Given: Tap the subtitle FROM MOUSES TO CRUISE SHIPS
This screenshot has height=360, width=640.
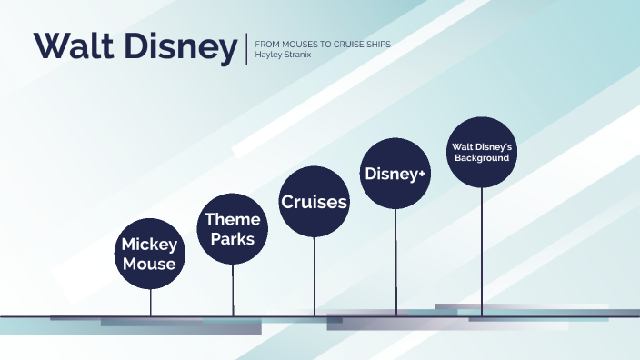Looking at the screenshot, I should pyautogui.click(x=323, y=44).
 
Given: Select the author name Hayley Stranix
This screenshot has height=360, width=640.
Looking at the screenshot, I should pyautogui.click(x=285, y=55).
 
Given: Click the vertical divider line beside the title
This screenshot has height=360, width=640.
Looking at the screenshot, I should pyautogui.click(x=246, y=49).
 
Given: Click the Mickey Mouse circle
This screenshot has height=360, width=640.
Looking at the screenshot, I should pyautogui.click(x=150, y=254).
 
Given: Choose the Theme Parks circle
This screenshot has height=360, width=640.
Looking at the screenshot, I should pyautogui.click(x=232, y=229).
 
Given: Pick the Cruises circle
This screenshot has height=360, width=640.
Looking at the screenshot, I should pyautogui.click(x=314, y=202).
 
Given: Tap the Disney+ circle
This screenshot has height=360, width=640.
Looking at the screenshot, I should pyautogui.click(x=395, y=173).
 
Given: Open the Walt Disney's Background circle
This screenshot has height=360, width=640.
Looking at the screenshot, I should pyautogui.click(x=481, y=153).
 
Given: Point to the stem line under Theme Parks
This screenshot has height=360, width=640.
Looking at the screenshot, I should pyautogui.click(x=233, y=290).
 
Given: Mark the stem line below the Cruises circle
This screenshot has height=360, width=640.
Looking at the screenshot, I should pyautogui.click(x=315, y=276).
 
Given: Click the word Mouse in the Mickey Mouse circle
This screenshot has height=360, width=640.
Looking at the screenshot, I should pyautogui.click(x=150, y=265).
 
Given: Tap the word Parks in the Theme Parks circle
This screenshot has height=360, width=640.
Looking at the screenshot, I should pyautogui.click(x=232, y=240).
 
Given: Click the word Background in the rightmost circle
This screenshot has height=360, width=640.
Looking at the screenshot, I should pyautogui.click(x=481, y=158).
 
